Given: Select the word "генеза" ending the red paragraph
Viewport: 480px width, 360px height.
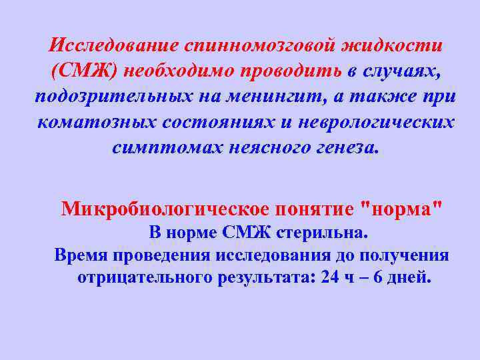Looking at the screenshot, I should [342, 147].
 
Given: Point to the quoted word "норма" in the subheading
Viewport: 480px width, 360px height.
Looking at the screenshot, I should [399, 209].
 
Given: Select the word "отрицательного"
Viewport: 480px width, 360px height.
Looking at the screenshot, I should [145, 278].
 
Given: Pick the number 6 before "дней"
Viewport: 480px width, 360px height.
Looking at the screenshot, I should [379, 278].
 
